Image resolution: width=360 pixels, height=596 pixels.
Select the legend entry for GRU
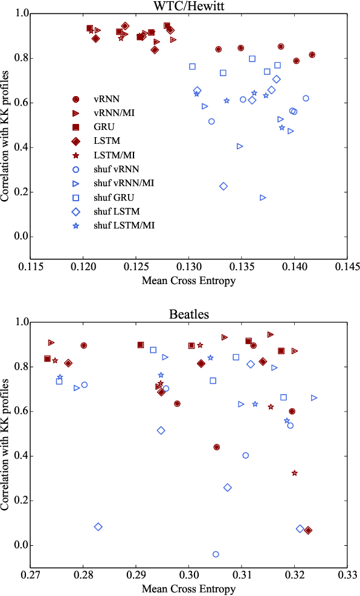[104, 127]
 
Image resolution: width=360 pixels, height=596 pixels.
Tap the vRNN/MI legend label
[114, 113]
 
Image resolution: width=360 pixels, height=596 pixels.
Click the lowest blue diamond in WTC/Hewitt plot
[223, 186]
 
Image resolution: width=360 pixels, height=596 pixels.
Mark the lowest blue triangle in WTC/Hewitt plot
[263, 198]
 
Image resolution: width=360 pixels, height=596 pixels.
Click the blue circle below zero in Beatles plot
[216, 554]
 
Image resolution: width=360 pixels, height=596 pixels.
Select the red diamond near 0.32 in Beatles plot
[308, 530]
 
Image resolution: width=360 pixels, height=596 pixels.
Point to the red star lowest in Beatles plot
[294, 473]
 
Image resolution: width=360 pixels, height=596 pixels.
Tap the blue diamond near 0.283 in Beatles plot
[98, 526]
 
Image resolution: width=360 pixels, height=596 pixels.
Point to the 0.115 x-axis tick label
[30, 267]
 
